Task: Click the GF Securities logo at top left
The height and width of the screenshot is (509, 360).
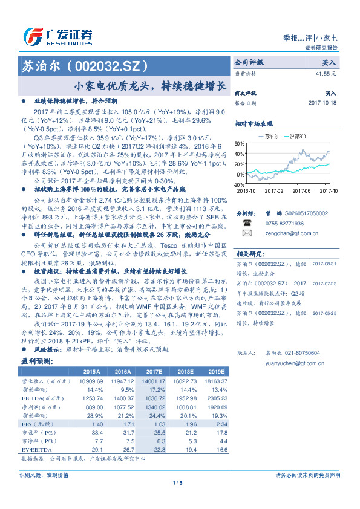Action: pos(58,37)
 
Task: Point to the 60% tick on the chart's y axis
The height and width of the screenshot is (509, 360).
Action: pos(240,144)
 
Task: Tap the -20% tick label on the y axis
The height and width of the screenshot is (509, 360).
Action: pos(239,184)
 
